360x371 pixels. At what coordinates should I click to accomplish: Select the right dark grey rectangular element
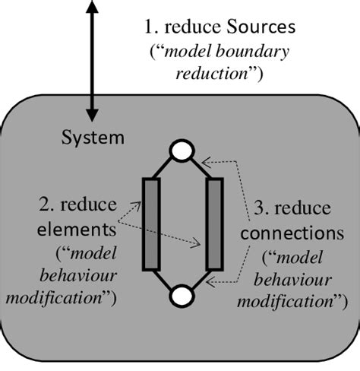(214, 223)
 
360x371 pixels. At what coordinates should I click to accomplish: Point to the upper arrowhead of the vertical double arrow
(93, 8)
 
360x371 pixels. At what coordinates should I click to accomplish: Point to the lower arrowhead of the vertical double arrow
(93, 113)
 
